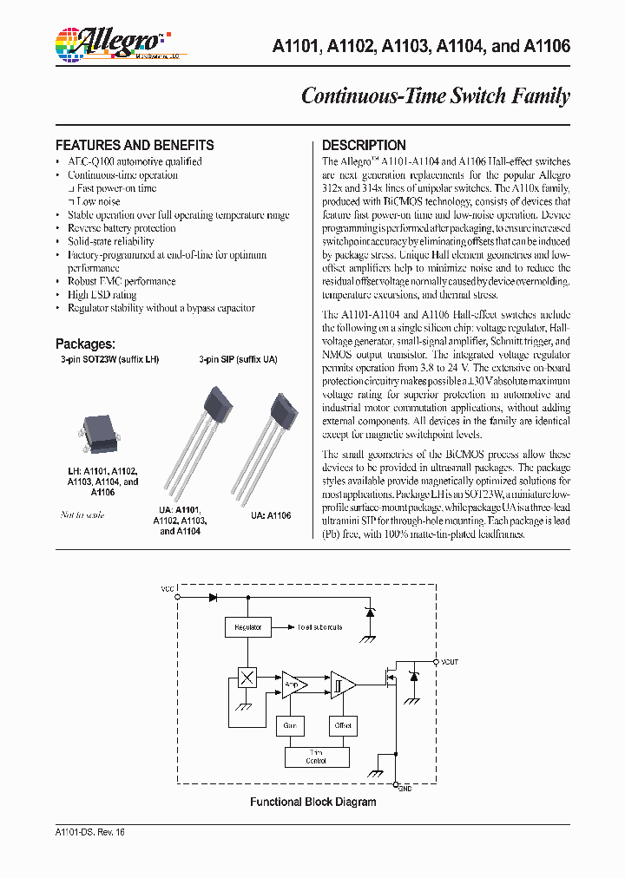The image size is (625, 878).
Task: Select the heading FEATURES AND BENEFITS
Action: coord(135,145)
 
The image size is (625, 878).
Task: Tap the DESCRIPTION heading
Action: coord(364,145)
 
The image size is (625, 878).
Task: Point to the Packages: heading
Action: coord(85,344)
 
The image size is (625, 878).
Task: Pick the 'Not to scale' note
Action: coord(82,514)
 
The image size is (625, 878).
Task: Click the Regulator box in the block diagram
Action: coord(247,626)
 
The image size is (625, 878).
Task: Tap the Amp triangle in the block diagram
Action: coord(293,684)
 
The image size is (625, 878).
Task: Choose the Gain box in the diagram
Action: coord(290,724)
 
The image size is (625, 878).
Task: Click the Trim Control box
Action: coord(316,757)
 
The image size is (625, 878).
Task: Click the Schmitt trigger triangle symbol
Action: coord(341,685)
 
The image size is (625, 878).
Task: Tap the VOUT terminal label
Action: coord(450,662)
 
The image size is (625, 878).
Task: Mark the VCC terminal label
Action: coord(167,589)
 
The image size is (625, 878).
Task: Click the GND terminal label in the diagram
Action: coord(405,788)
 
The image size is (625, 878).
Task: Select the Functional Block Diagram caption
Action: coord(313,802)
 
